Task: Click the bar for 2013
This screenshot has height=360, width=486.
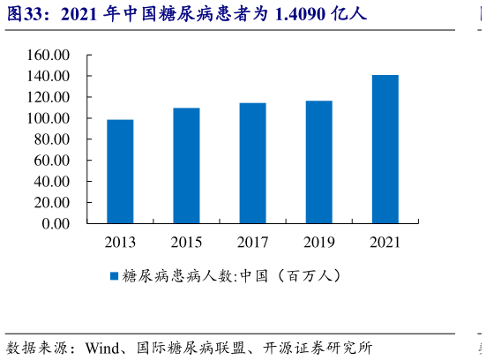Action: click(x=120, y=171)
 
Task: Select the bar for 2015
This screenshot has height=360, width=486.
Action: click(x=186, y=166)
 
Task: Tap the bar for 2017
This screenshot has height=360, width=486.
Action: click(x=252, y=163)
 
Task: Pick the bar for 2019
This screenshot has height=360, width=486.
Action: click(x=318, y=162)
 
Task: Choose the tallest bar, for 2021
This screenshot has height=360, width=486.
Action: click(x=385, y=149)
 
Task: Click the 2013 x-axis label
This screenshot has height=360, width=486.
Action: click(x=120, y=242)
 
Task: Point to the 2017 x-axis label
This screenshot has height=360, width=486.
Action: click(x=252, y=242)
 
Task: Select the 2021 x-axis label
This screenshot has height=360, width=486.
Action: click(x=385, y=242)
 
